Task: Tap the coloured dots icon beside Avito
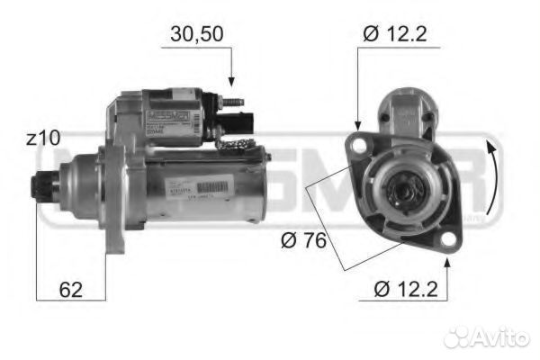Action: point(459,337)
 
